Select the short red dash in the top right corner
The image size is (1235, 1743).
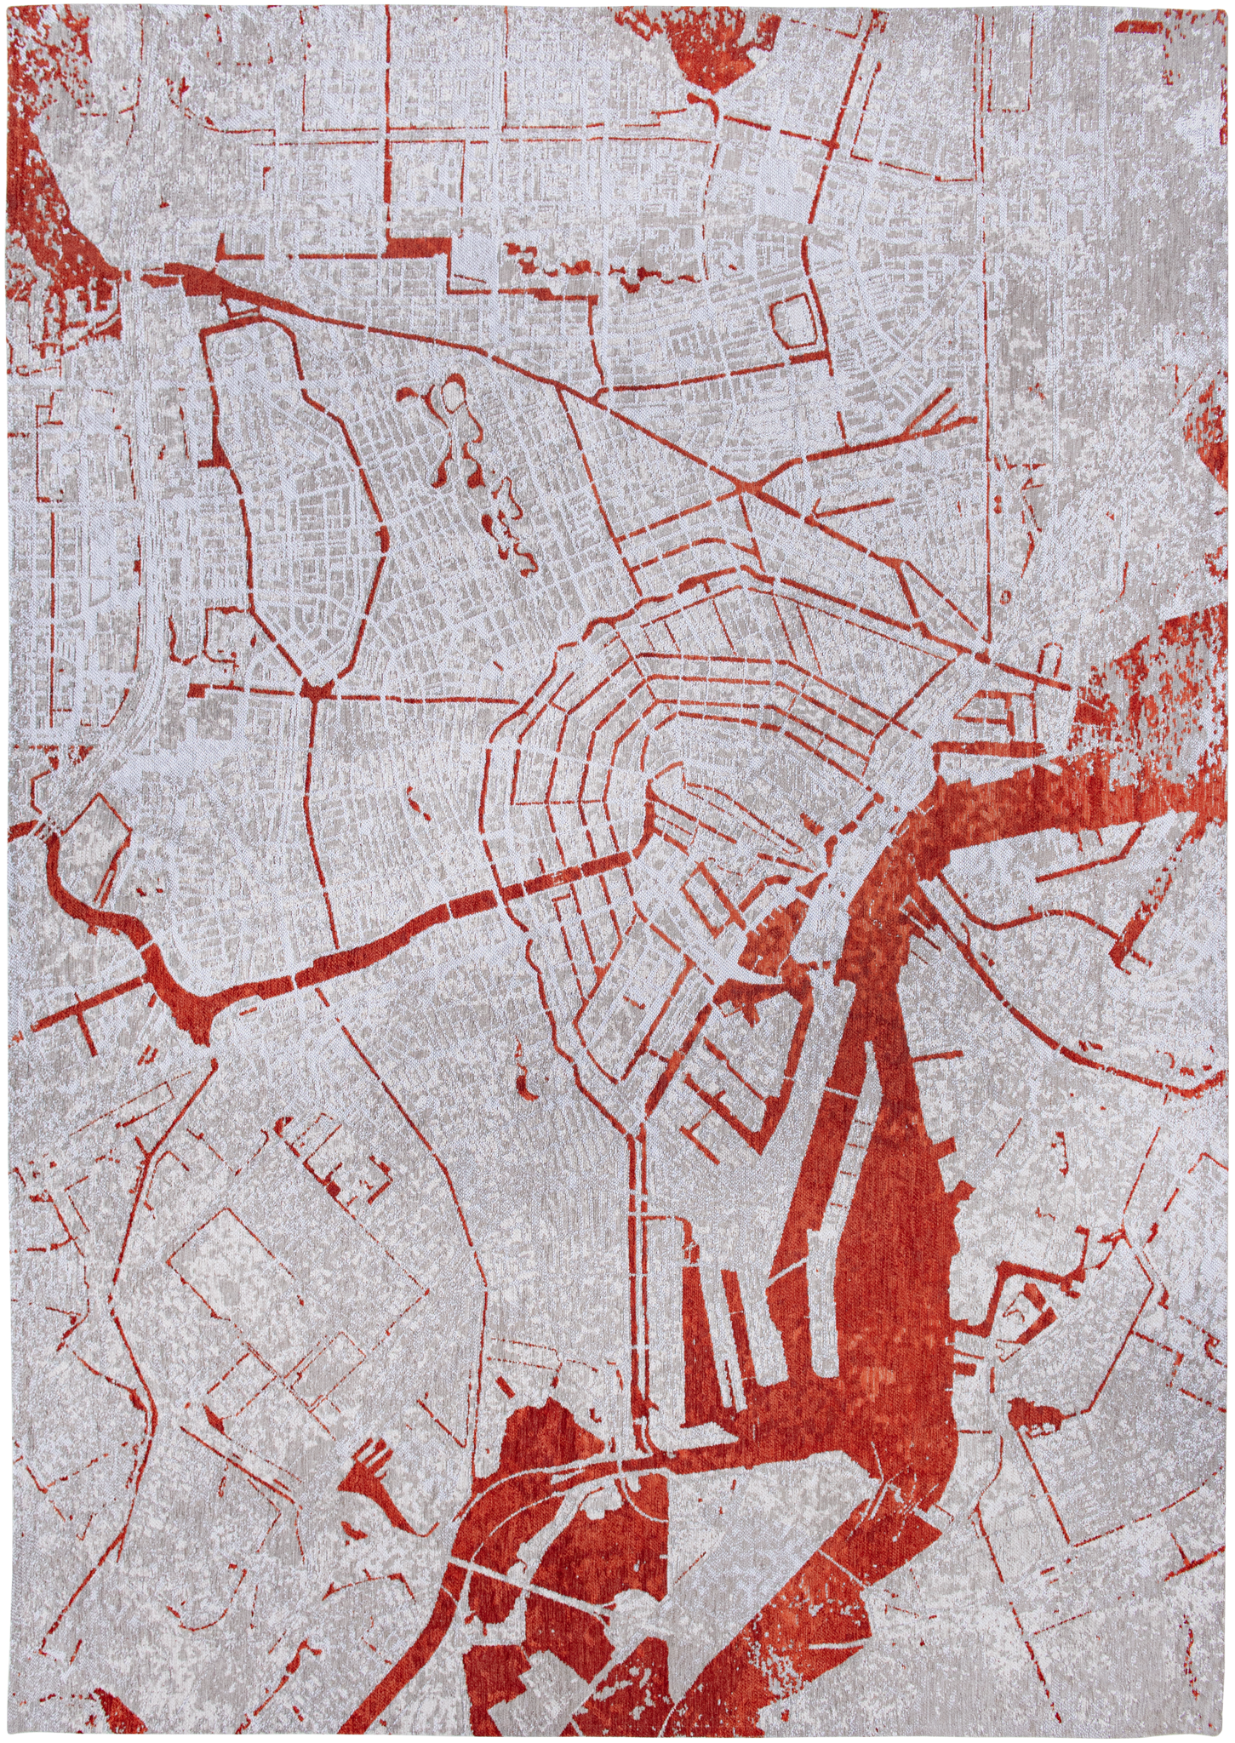(1141, 31)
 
